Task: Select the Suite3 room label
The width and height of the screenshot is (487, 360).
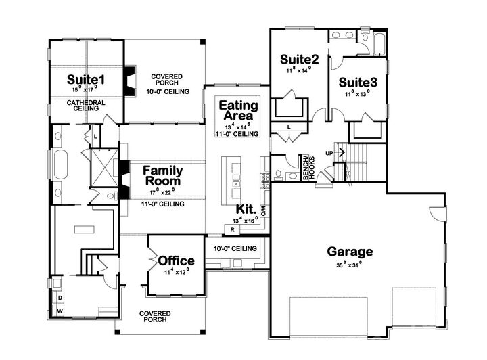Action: click(358, 82)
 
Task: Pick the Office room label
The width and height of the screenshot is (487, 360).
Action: click(177, 261)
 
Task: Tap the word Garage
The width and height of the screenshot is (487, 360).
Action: click(350, 252)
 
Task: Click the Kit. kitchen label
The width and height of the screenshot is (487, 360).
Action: click(246, 209)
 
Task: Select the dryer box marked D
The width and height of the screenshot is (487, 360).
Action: click(60, 297)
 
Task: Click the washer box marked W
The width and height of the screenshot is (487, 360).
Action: click(60, 311)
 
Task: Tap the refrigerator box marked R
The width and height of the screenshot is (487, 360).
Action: click(232, 229)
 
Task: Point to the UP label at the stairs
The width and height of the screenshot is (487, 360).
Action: click(329, 153)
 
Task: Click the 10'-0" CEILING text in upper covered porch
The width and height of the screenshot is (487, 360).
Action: click(166, 91)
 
